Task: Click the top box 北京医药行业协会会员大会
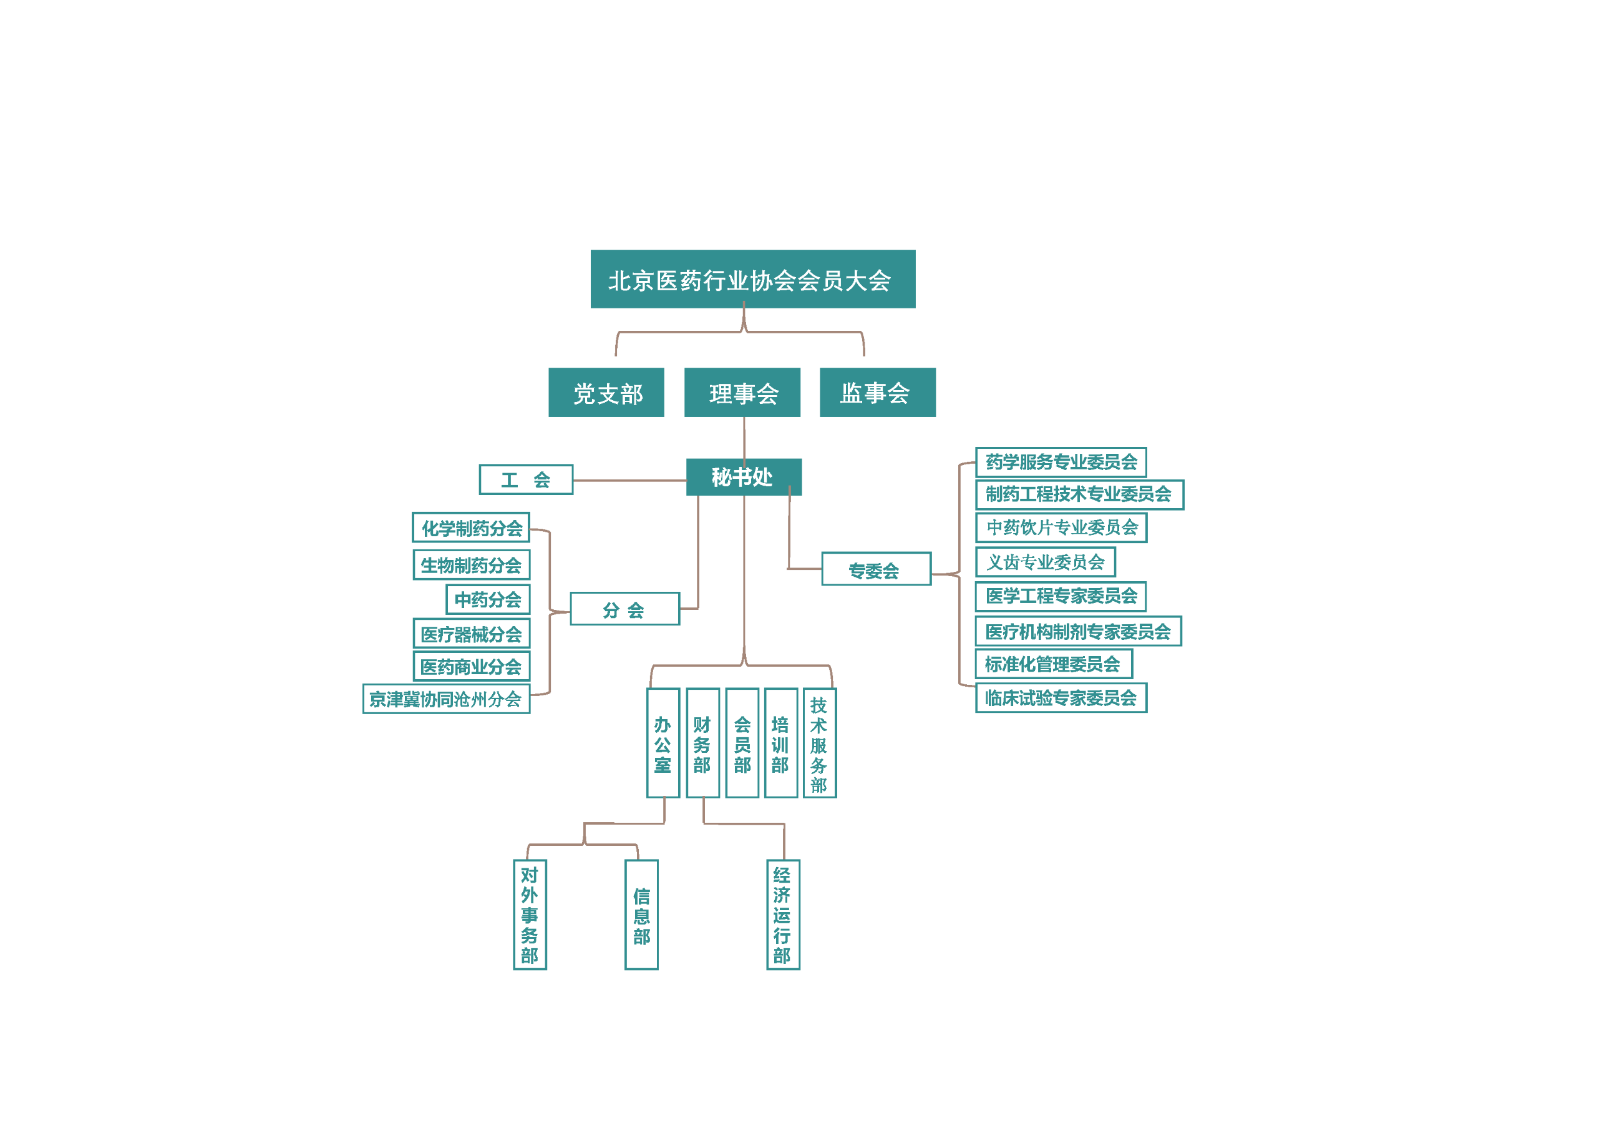coord(752,278)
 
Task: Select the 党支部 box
coord(606,392)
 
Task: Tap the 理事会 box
coord(742,392)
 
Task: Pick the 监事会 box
coord(877,392)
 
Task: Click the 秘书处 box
coord(744,477)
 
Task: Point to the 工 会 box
coord(527,480)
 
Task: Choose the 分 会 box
coord(625,609)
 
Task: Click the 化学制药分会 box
coord(471,527)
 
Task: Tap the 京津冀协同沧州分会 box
coord(447,699)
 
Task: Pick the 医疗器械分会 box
coord(472,634)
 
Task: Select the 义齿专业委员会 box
coord(1046,562)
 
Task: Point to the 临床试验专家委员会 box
coord(1061,698)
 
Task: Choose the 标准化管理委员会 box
coord(1054,664)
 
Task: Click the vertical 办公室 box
coord(663,743)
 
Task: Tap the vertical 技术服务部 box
coord(820,743)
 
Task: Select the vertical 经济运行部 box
coord(784,915)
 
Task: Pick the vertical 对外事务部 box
coord(530,915)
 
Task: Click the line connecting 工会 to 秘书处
coord(630,481)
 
